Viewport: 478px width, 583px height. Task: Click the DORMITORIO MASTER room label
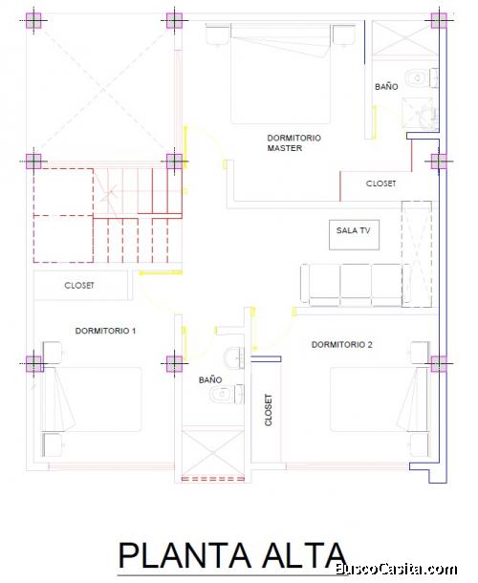tap(293, 142)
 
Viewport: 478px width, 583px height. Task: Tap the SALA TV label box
tap(354, 235)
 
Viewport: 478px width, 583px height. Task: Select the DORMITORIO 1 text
tap(106, 331)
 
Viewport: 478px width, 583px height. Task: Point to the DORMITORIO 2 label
tap(342, 345)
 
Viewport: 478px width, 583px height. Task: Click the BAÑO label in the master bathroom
tap(386, 87)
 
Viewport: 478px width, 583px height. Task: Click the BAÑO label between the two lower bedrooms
tap(210, 379)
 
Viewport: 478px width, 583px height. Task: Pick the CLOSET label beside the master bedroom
tap(380, 184)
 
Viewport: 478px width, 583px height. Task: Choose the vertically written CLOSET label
tap(269, 410)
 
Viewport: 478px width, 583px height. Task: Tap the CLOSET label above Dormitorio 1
tap(79, 285)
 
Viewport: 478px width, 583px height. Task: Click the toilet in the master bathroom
tap(421, 78)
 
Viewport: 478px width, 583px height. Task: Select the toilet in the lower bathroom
tap(227, 394)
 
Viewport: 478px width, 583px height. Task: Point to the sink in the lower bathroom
tap(233, 357)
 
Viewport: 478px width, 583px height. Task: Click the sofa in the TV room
tap(356, 285)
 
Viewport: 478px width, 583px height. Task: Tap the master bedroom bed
tap(280, 74)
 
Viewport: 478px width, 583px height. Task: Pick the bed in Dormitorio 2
tap(379, 399)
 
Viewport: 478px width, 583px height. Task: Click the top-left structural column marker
tap(33, 20)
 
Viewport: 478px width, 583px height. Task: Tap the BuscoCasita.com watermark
tap(397, 569)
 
